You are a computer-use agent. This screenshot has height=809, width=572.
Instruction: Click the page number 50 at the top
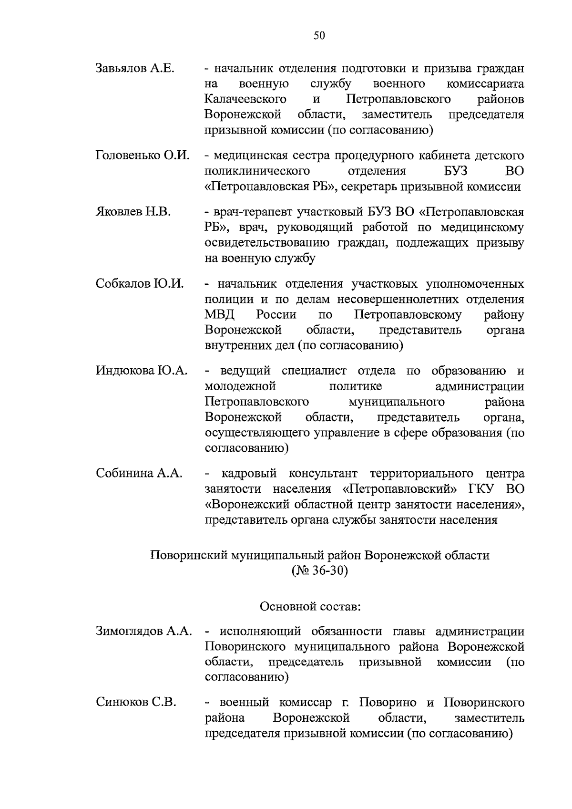pos(319,36)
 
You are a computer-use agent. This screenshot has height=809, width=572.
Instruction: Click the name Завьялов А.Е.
pos(135,68)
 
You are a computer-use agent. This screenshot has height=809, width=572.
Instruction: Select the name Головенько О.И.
pos(143,156)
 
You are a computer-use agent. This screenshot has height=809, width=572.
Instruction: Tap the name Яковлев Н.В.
pos(133,212)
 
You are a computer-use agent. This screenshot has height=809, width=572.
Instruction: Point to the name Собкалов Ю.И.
pos(140,284)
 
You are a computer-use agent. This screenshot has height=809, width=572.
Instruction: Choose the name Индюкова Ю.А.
pos(142,371)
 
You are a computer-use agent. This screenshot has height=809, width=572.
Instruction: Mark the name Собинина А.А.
pos(139,473)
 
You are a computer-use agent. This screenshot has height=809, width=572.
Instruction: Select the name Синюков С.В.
pos(136,702)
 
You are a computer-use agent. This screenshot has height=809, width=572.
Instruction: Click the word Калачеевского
pos(245,99)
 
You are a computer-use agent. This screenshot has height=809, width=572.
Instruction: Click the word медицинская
pos(254,156)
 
